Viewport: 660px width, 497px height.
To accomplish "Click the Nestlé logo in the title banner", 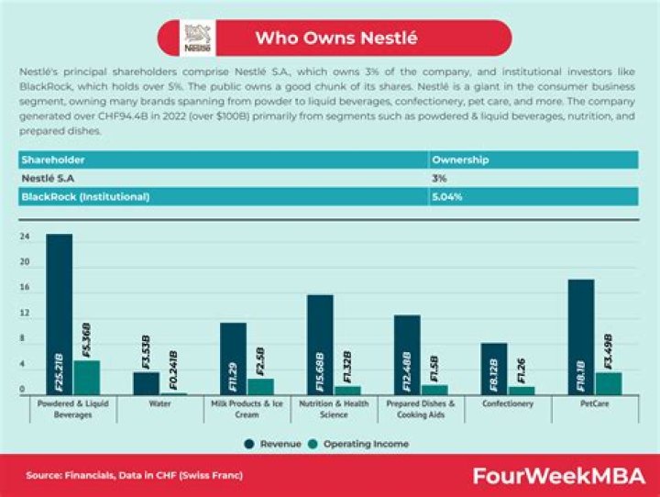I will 198,39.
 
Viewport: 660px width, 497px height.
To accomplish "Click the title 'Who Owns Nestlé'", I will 335,39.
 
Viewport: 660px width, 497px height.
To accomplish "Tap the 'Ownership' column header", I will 459,160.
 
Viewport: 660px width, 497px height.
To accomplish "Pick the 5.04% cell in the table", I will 448,196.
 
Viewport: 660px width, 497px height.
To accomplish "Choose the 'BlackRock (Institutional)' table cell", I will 85,196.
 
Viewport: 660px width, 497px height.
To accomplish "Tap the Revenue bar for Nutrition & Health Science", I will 320,345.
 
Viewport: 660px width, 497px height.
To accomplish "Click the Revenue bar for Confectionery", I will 493,370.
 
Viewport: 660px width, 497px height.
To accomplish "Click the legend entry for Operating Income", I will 362,444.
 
